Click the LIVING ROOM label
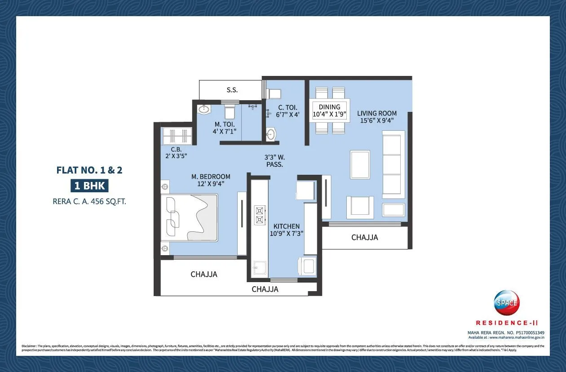click(x=377, y=113)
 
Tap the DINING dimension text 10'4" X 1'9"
click(x=329, y=115)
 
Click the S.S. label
click(x=232, y=90)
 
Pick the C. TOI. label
click(x=287, y=107)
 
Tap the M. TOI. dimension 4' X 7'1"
click(x=225, y=131)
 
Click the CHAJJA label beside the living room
click(x=364, y=237)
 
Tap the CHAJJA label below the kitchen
click(x=265, y=289)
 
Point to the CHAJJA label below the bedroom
click(x=203, y=274)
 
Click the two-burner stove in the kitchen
click(x=260, y=215)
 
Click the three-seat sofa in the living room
click(x=393, y=164)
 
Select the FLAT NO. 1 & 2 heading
click(x=89, y=170)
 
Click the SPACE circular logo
click(x=506, y=303)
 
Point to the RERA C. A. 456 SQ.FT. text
click(x=89, y=202)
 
